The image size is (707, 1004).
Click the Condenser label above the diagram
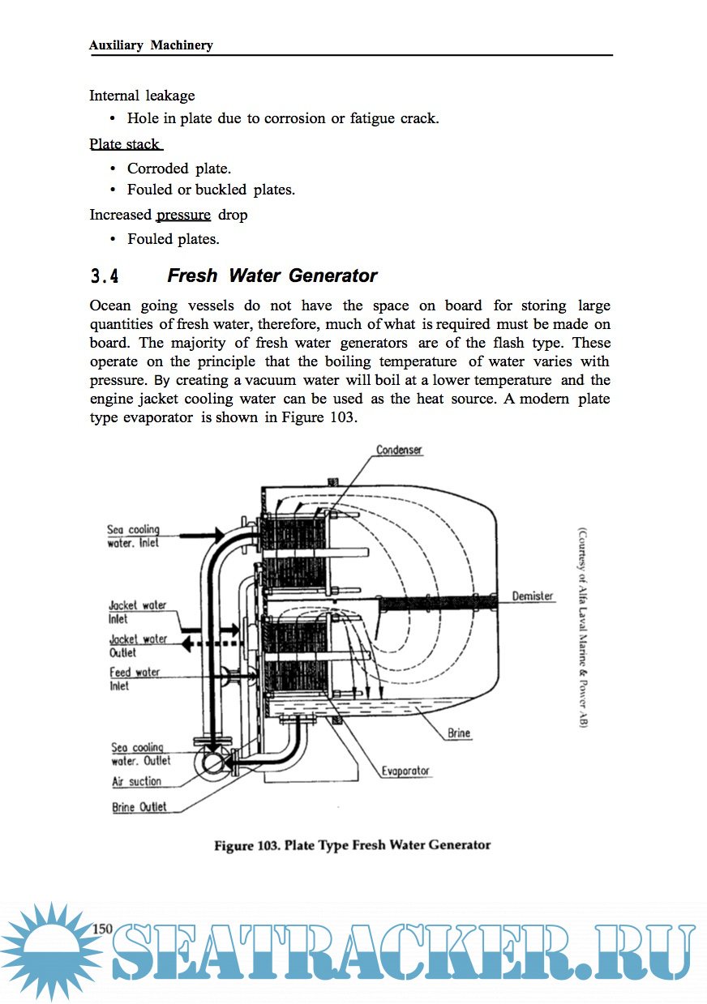(399, 450)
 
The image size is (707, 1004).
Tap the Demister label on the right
(532, 596)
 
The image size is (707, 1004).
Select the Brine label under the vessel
(459, 733)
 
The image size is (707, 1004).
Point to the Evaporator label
(405, 771)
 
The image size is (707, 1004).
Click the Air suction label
(136, 782)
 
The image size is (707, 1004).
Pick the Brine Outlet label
(139, 807)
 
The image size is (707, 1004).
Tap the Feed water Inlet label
(135, 679)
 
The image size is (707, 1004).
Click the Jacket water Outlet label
(138, 646)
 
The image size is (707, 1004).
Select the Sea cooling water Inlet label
(133, 536)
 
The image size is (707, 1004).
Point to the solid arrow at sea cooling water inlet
(199, 534)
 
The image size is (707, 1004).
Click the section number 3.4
(105, 276)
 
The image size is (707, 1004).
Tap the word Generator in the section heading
(332, 276)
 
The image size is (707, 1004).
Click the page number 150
(102, 929)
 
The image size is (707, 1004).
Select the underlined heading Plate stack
(125, 145)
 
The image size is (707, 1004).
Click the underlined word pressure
(183, 215)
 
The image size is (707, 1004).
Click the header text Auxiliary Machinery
(151, 45)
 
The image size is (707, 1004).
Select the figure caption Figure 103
(352, 845)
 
